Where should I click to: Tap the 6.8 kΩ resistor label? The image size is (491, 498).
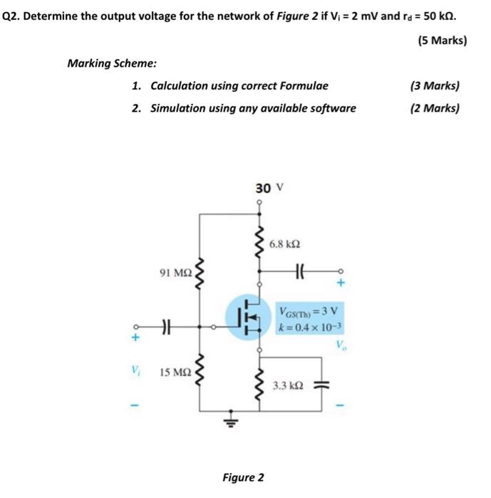285,244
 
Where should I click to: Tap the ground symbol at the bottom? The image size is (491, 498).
229,421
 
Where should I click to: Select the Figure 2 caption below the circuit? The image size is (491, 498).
242,477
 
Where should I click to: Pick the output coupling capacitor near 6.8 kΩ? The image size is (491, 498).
299,271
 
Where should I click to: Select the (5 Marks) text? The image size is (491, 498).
443,40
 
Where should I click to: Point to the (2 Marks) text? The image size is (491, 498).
435,108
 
